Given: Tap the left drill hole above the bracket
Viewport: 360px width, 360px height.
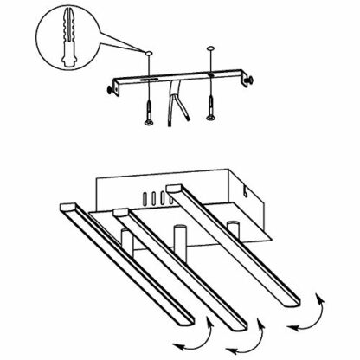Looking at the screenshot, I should pyautogui.click(x=149, y=54).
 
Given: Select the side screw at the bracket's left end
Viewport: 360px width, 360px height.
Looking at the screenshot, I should pyautogui.click(x=112, y=88).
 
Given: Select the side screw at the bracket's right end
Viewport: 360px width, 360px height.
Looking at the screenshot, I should pyautogui.click(x=249, y=77).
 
